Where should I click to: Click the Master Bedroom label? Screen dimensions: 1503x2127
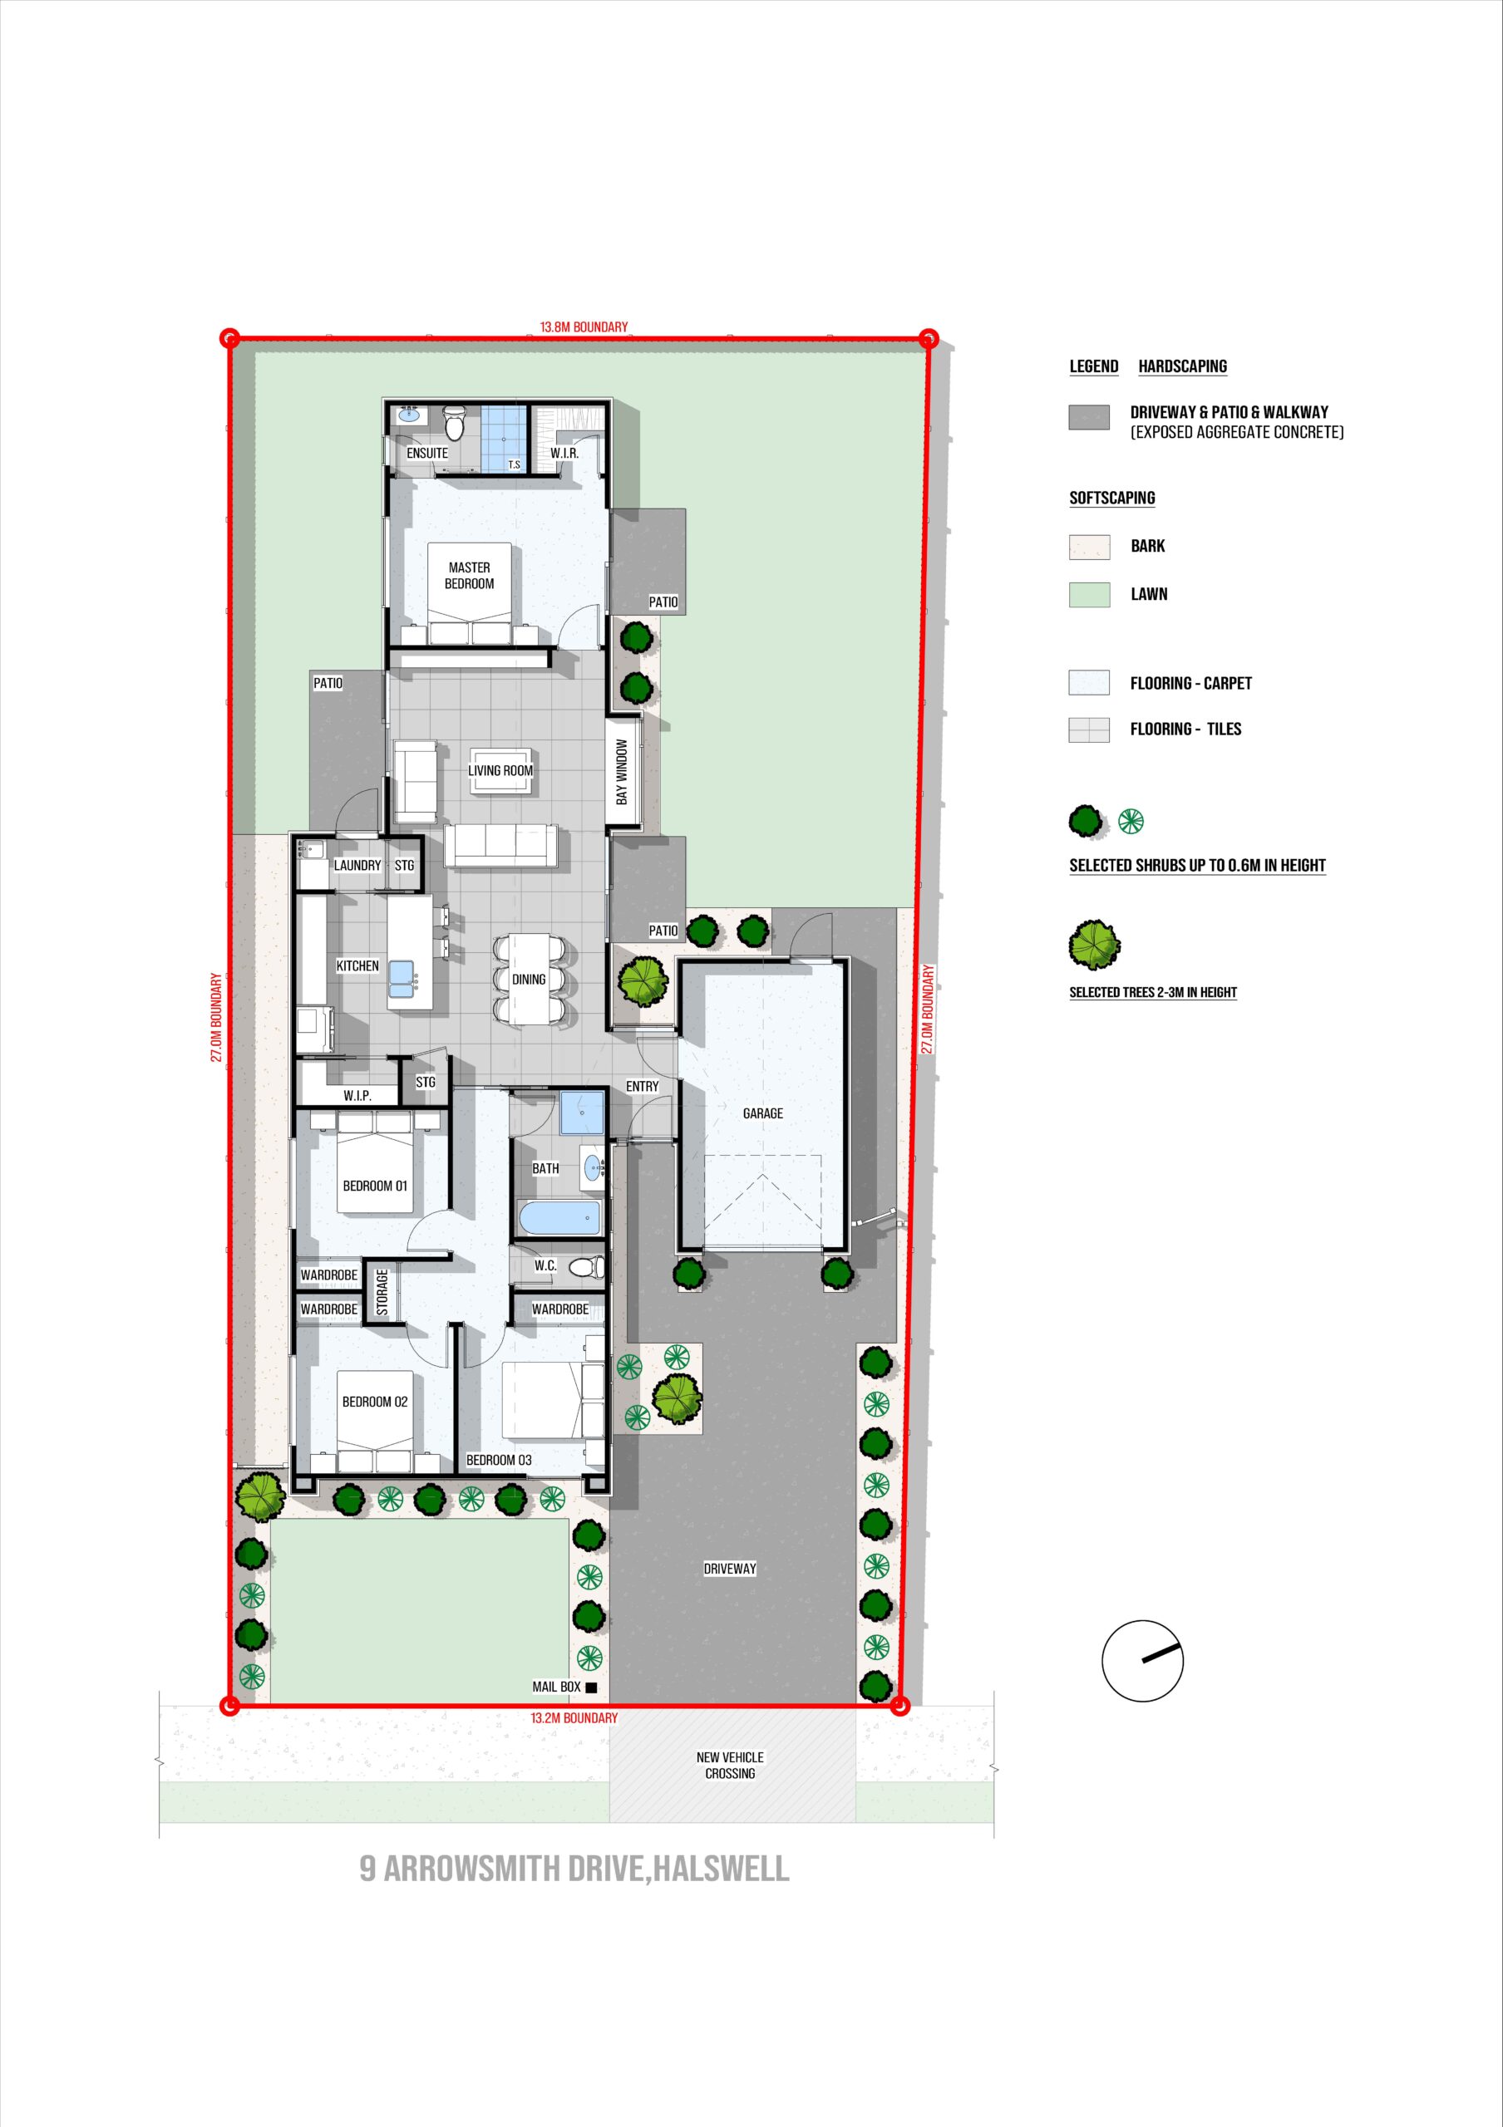pyautogui.click(x=470, y=575)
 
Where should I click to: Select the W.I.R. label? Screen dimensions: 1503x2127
pyautogui.click(x=564, y=453)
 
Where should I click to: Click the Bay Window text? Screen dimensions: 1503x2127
pyautogui.click(x=623, y=771)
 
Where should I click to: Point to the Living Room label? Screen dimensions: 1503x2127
pyautogui.click(x=500, y=771)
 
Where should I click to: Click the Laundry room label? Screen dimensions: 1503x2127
pyautogui.click(x=357, y=865)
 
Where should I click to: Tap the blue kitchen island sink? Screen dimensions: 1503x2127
pyautogui.click(x=402, y=975)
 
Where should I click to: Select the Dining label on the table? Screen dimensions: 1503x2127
pyautogui.click(x=529, y=980)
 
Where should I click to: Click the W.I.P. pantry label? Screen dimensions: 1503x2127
pyautogui.click(x=357, y=1096)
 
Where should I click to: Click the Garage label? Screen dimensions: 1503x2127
pyautogui.click(x=762, y=1113)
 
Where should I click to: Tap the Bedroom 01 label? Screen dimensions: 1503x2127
pyautogui.click(x=375, y=1186)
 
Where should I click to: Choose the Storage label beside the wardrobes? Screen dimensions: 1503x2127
pyautogui.click(x=382, y=1292)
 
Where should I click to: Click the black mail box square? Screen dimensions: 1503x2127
pyautogui.click(x=591, y=1687)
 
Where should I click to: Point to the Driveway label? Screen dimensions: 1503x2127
pyautogui.click(x=730, y=1569)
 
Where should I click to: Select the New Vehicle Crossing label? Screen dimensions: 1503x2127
pyautogui.click(x=730, y=1766)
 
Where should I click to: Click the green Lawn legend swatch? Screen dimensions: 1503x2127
pyautogui.click(x=1090, y=595)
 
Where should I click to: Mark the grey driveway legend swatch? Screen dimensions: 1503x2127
pyautogui.click(x=1090, y=418)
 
